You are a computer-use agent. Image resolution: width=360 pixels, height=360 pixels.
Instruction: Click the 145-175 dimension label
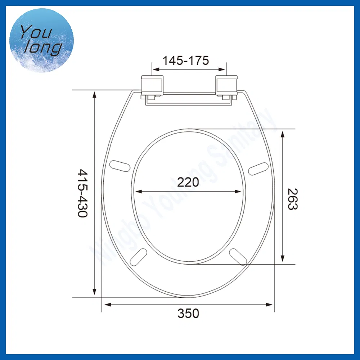(x=185, y=60)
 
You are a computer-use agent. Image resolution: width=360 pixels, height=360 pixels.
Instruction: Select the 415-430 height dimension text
(x=82, y=193)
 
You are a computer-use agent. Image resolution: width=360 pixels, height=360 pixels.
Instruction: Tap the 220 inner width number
(x=188, y=183)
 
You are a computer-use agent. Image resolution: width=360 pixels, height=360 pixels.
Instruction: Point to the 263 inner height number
(x=292, y=199)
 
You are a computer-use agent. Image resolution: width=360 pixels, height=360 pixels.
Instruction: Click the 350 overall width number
(x=188, y=314)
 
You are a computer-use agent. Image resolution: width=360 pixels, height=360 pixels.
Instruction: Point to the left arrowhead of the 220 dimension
(x=138, y=192)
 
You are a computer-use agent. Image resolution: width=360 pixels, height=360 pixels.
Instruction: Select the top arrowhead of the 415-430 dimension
(x=95, y=95)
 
